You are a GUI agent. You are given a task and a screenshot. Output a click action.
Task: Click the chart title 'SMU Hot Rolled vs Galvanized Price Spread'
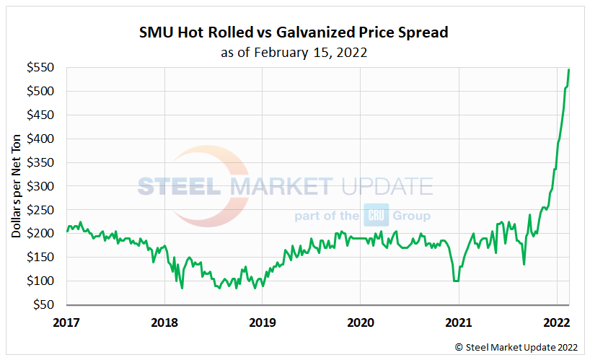pyautogui.click(x=294, y=33)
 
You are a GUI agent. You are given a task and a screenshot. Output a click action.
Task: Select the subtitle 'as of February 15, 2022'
pyautogui.click(x=294, y=52)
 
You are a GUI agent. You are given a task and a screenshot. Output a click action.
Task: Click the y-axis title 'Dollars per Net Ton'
pyautogui.click(x=16, y=186)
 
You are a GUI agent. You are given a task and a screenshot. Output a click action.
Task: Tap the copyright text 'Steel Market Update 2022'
pyautogui.click(x=517, y=347)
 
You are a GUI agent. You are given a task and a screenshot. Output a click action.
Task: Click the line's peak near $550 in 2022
pyautogui.click(x=569, y=69)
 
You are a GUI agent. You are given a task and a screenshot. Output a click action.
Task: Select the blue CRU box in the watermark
pyautogui.click(x=376, y=216)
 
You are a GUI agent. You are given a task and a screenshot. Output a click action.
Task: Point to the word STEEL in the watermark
pyautogui.click(x=180, y=187)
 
